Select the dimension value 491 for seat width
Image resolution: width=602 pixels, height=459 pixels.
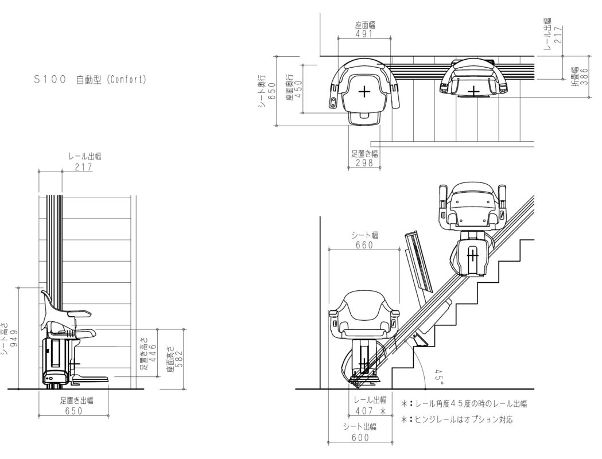364,34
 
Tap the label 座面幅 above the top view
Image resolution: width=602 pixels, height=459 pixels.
364,25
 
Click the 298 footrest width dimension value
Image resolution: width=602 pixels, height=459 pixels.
364,163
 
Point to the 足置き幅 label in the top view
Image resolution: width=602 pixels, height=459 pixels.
364,153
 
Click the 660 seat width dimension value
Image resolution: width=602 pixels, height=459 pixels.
364,245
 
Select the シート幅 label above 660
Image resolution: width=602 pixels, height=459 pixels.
364,235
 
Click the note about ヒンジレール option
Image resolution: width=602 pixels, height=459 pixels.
457,419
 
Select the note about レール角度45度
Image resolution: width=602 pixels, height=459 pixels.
464,404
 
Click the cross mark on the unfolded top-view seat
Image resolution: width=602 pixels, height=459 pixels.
364,91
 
